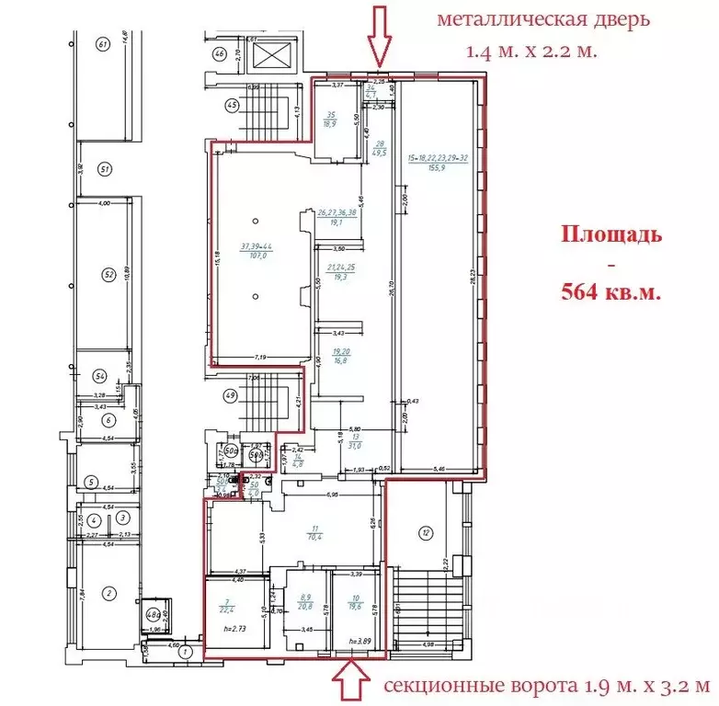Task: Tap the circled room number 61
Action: click(103, 44)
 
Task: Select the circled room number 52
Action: click(108, 274)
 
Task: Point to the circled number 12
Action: click(424, 532)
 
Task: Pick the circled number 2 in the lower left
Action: click(108, 594)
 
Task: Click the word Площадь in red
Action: click(611, 233)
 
